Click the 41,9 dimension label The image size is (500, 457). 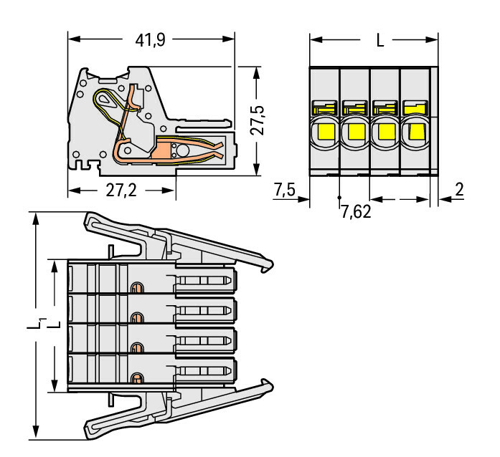[151, 40]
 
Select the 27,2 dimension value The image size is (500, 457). [120, 191]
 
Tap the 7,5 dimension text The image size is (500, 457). [285, 190]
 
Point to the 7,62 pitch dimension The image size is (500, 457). [355, 213]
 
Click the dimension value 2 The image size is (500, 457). [460, 190]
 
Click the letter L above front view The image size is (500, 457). [380, 41]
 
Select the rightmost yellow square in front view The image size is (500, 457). [415, 131]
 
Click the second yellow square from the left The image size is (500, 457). [354, 131]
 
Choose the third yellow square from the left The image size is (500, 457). [385, 131]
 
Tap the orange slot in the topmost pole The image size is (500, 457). [134, 288]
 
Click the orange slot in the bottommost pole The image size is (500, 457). [134, 377]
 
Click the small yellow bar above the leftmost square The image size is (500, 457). [324, 110]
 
